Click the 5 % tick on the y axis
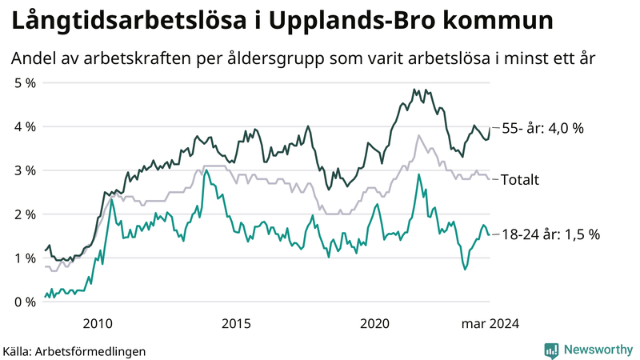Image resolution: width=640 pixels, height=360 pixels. [x=25, y=82]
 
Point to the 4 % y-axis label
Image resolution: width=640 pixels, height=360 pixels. [x=25, y=126]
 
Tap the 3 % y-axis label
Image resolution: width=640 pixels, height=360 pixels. [x=25, y=170]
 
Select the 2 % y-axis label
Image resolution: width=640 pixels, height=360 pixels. [x=25, y=214]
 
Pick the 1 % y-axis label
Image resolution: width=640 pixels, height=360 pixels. [x=25, y=258]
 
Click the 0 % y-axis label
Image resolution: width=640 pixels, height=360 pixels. [x=25, y=302]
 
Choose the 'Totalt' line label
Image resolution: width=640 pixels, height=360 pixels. [x=519, y=179]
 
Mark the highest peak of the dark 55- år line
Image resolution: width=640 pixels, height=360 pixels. [x=414, y=90]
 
